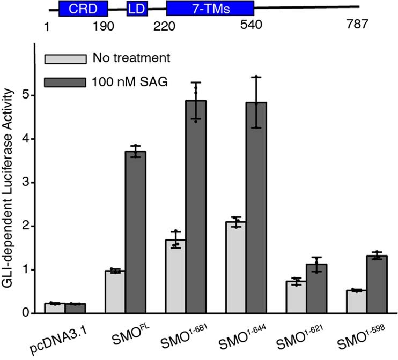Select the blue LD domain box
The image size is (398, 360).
(134, 7)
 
